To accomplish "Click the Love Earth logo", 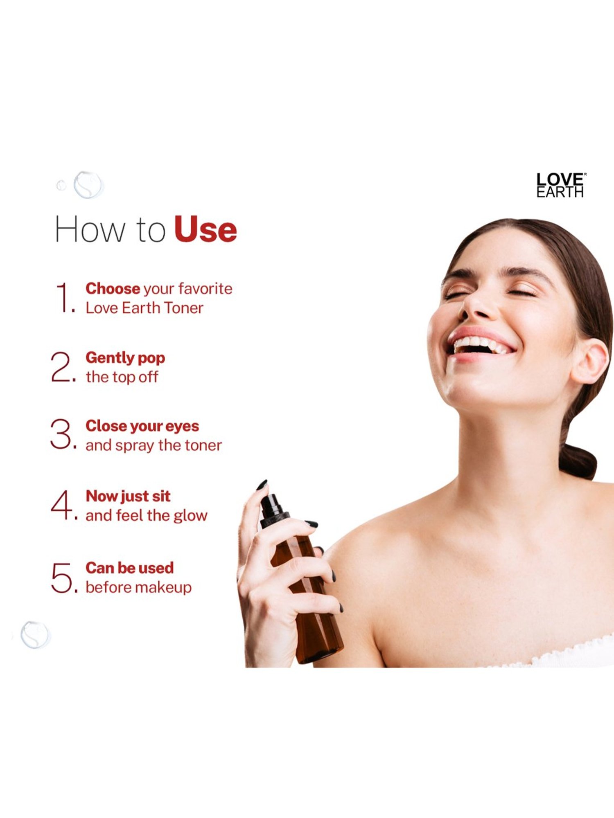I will coord(560,185).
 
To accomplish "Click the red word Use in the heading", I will coord(205,229).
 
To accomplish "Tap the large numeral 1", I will coord(63,297).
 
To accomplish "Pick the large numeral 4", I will coord(61,505).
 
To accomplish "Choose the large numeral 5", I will coord(62,577).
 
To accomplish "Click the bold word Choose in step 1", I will coord(113,288).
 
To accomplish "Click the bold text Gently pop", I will coord(125,358).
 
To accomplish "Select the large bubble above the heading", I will coord(88,185).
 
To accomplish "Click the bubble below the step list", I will coord(36,634).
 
